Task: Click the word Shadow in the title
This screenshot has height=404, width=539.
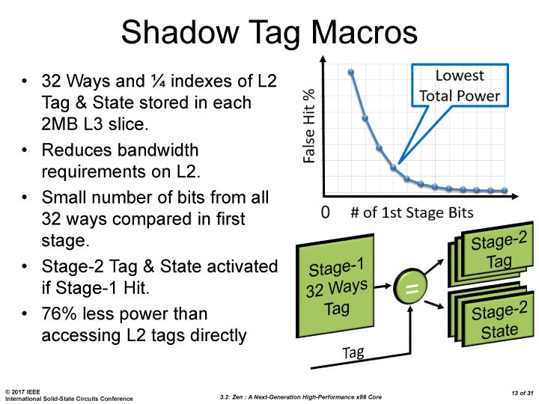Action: pos(180,31)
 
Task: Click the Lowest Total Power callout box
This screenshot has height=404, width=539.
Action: pos(460,85)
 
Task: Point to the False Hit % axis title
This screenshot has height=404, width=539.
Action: pos(308,126)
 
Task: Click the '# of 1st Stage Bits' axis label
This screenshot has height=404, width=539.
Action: pos(412,212)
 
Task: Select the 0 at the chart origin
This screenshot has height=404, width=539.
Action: pos(325,212)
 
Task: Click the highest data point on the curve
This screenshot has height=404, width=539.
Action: pos(351,72)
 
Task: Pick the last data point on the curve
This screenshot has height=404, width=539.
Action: pos(505,190)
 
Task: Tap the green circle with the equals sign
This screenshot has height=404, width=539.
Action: pos(410,287)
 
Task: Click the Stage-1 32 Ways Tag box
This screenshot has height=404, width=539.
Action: pos(335,286)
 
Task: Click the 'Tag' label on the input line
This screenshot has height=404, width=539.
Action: pos(353,352)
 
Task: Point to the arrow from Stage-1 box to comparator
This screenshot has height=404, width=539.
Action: pos(383,286)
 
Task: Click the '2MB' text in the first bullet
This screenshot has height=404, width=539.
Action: pos(59,124)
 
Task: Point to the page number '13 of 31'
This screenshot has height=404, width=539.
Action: pos(523,393)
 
